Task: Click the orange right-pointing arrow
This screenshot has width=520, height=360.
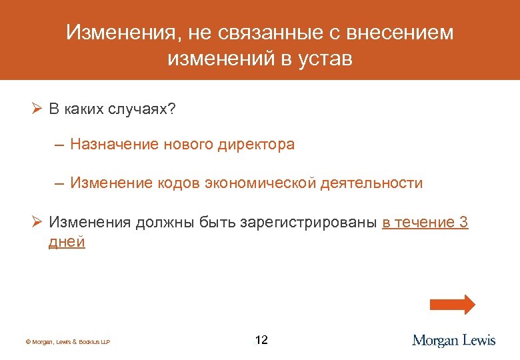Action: click(452, 305)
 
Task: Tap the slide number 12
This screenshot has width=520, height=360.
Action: click(261, 341)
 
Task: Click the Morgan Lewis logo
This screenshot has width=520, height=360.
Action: click(453, 341)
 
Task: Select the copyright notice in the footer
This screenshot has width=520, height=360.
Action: click(67, 342)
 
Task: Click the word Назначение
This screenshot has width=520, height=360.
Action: click(113, 144)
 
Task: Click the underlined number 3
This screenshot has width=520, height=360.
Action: click(464, 223)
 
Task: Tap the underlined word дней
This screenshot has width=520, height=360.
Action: click(67, 242)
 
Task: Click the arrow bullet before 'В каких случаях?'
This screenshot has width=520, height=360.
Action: click(37, 109)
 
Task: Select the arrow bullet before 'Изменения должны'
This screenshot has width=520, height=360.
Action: click(37, 223)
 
